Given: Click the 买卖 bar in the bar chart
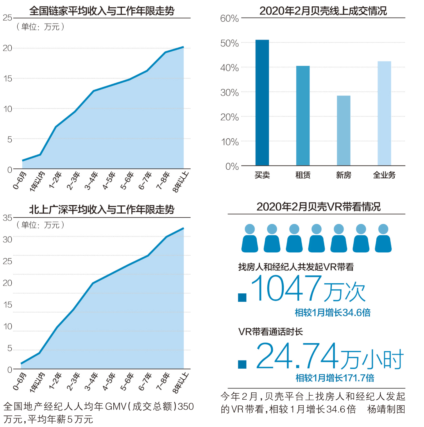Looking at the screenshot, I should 262,103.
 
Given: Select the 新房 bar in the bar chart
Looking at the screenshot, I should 344,130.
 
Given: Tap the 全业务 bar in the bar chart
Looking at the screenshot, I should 384,113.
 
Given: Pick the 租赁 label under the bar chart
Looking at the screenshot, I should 303,175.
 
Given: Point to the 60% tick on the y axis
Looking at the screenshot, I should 229,19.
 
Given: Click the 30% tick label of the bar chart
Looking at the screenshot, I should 229,93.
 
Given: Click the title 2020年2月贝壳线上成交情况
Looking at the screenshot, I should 323,11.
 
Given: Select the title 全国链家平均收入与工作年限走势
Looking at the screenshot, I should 102,11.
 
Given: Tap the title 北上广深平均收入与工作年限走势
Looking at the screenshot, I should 102,209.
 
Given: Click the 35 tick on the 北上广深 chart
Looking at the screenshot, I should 8,218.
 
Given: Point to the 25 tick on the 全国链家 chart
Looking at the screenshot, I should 8,18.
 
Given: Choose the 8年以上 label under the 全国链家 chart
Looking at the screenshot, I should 180,182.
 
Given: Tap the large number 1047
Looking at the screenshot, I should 286,288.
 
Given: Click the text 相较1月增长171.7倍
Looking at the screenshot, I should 335,378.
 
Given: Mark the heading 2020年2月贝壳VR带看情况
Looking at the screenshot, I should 319,207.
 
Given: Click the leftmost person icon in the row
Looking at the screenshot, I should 250,238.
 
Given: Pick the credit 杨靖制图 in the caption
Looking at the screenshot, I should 386,409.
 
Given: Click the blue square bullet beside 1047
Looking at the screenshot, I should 242,297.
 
